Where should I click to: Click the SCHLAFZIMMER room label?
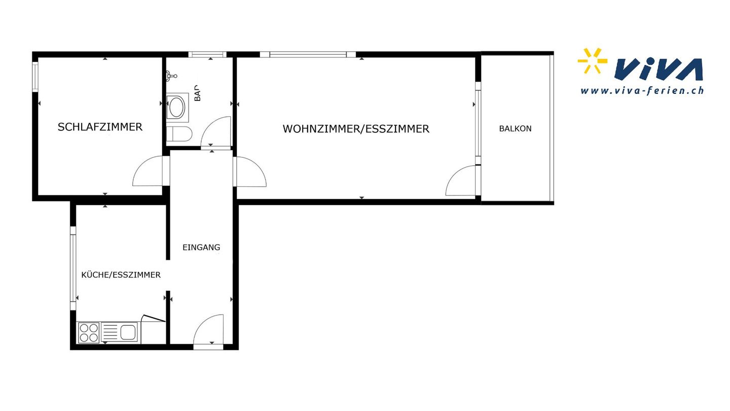click(100, 127)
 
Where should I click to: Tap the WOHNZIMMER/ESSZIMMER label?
click(356, 129)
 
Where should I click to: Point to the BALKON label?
click(515, 128)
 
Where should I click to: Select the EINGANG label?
click(201, 247)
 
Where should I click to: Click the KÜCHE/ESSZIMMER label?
click(121, 275)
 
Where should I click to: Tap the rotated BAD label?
click(198, 93)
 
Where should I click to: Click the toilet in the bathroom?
click(179, 134)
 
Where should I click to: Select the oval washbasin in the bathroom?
click(176, 107)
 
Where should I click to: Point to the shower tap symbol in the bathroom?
click(171, 76)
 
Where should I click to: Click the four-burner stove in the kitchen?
click(89, 332)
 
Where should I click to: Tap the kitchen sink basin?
click(128, 332)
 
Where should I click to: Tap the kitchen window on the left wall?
click(73, 268)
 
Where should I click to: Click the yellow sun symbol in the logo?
click(592, 61)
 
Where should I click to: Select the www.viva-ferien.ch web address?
click(642, 91)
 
